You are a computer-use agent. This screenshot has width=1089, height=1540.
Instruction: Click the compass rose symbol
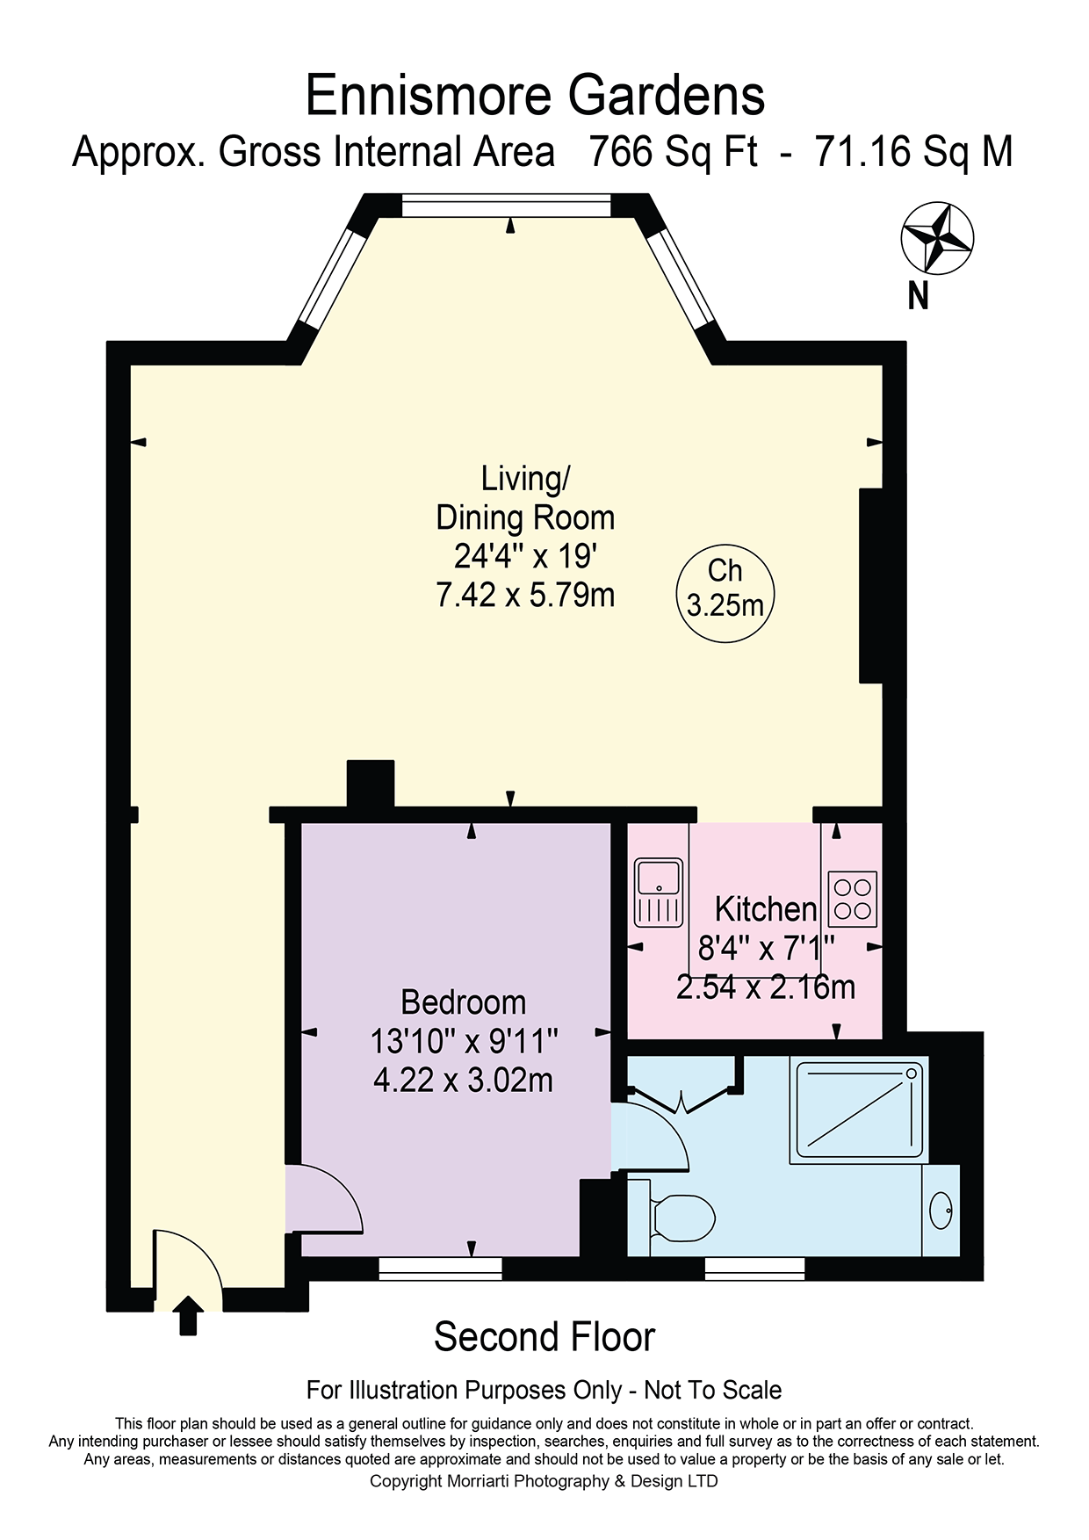(937, 238)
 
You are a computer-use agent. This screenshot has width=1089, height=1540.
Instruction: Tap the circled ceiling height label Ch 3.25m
(725, 589)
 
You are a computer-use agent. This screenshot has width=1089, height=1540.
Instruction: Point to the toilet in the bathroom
(682, 1218)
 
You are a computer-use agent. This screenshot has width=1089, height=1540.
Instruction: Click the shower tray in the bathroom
(859, 1110)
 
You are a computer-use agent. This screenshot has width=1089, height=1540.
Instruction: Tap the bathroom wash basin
(941, 1211)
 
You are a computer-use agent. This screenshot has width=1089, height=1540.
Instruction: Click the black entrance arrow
(188, 1315)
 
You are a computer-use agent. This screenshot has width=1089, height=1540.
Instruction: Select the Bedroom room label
(464, 1002)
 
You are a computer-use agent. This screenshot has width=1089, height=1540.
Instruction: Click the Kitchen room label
(766, 909)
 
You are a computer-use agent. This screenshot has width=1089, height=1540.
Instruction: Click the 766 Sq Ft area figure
(673, 152)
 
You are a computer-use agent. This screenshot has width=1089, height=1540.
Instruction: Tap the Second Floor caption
(544, 1337)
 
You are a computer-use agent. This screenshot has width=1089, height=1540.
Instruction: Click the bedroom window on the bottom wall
(441, 1268)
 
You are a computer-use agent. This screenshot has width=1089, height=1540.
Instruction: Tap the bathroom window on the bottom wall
(755, 1268)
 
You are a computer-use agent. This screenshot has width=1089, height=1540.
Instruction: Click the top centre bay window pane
(506, 206)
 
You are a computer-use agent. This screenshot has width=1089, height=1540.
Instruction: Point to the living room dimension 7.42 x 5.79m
(525, 596)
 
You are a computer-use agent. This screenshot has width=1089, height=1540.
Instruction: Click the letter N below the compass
(918, 296)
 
